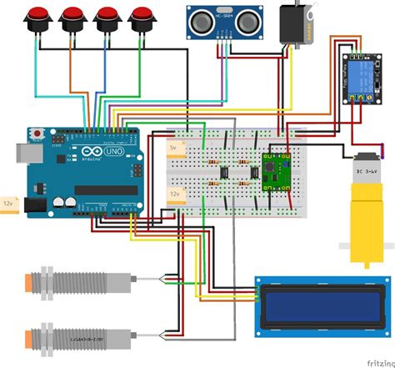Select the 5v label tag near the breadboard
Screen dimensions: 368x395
[x=174, y=147]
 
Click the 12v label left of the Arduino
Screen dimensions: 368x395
[x=9, y=204]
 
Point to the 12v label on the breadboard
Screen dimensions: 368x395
[x=175, y=194]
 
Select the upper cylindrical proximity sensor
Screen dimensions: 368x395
[x=75, y=283]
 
